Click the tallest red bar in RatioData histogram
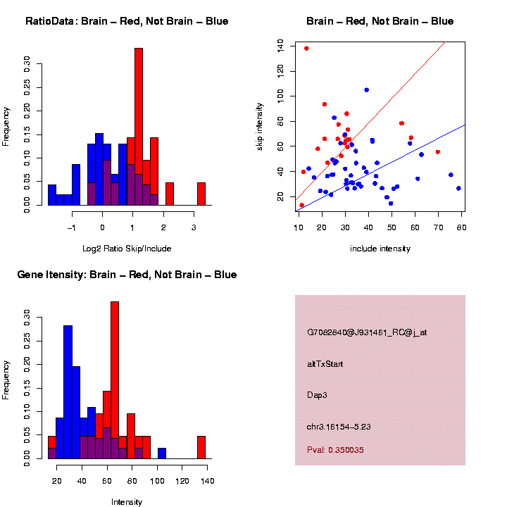coord(139,127)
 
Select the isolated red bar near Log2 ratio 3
coord(201,194)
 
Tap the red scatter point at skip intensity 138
coord(306,49)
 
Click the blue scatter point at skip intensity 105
coord(366,90)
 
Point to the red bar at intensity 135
coord(201,447)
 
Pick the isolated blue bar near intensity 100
coord(162,453)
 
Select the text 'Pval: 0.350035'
coord(335,450)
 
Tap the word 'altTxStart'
coord(325,364)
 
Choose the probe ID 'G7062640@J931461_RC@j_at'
coord(367,333)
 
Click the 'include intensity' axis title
coord(380,249)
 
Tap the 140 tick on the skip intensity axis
coord(280,46)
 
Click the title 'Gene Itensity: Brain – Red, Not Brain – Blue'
coord(127,275)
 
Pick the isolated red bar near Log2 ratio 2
coord(170,194)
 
